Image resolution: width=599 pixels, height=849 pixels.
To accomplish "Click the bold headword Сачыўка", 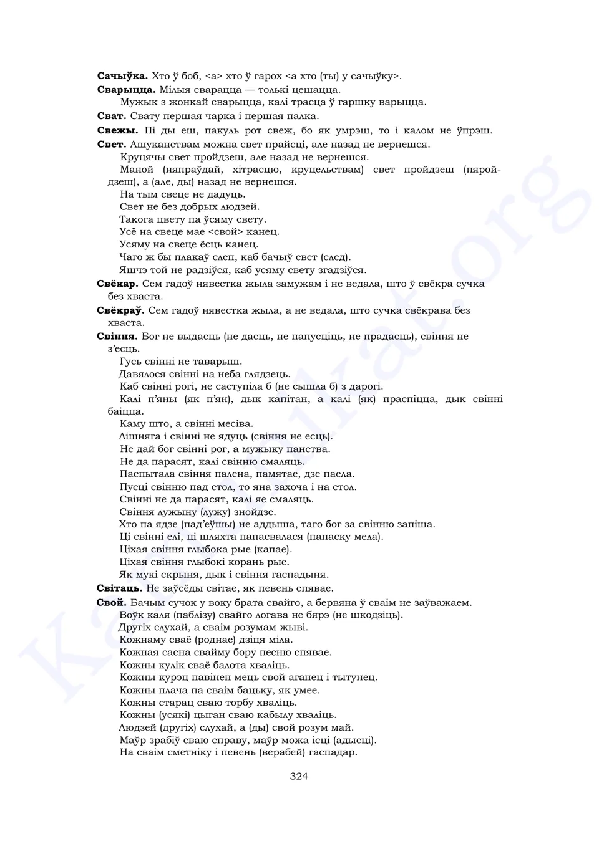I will pyautogui.click(x=122, y=76).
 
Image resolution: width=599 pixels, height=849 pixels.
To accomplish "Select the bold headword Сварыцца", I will pyautogui.click(x=126, y=89).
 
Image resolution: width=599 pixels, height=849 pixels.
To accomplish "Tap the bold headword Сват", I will pyautogui.click(x=112, y=116).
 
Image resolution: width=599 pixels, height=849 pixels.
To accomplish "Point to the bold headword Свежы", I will pyautogui.click(x=117, y=130).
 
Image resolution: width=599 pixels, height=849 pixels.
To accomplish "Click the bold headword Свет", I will pyautogui.click(x=111, y=145).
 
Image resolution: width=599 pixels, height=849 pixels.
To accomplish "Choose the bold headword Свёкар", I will pyautogui.click(x=117, y=284).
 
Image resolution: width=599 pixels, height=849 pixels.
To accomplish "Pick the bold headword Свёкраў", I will pyautogui.click(x=120, y=310).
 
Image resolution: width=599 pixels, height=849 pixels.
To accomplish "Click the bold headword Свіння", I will pyautogui.click(x=117, y=337).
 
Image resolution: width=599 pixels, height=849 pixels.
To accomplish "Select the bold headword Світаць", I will pyautogui.click(x=119, y=588).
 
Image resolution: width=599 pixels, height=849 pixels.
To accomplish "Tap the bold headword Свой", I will pyautogui.click(x=111, y=603).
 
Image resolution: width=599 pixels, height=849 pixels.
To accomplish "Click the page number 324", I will pyautogui.click(x=299, y=776).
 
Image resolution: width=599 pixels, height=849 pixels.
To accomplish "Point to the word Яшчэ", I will pyautogui.click(x=132, y=270).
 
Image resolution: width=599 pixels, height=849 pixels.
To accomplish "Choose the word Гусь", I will pyautogui.click(x=130, y=362).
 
